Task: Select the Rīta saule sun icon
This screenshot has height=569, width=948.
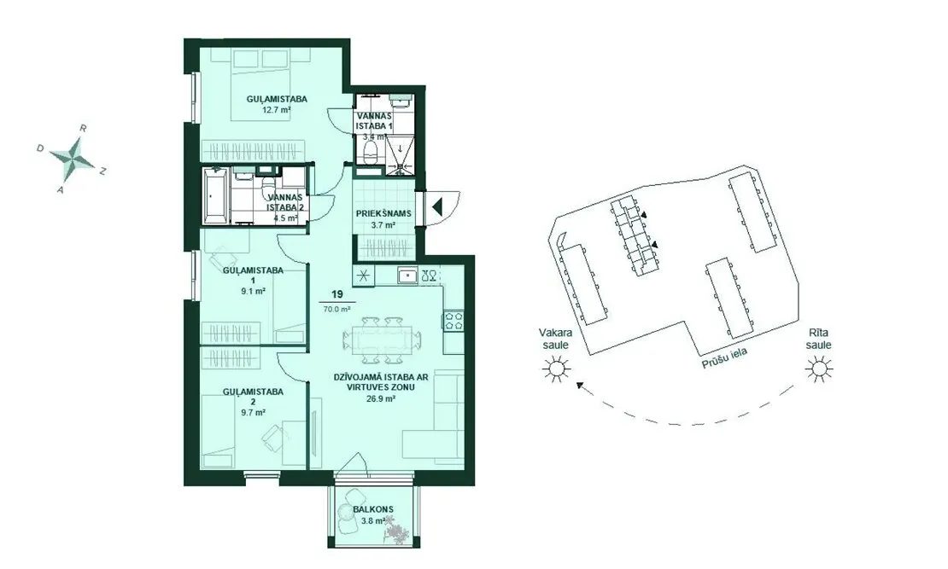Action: (x=819, y=368)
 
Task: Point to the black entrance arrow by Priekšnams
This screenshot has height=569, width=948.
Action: (x=438, y=206)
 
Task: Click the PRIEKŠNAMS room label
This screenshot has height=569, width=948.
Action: (x=383, y=213)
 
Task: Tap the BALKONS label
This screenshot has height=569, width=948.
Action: (x=373, y=509)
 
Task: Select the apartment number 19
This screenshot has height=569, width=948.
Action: (x=336, y=294)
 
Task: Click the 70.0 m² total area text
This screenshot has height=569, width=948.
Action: (x=336, y=310)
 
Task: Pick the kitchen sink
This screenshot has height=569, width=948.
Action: (x=407, y=276)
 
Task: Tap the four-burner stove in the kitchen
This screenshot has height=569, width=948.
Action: (x=454, y=320)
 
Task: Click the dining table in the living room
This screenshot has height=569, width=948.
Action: (x=381, y=340)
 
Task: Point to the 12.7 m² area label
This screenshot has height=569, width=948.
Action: (x=277, y=110)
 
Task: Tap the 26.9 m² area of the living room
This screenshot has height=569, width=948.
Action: (x=381, y=398)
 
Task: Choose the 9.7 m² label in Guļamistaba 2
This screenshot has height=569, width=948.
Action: (x=253, y=413)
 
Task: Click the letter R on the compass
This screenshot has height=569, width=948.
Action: (x=84, y=128)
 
